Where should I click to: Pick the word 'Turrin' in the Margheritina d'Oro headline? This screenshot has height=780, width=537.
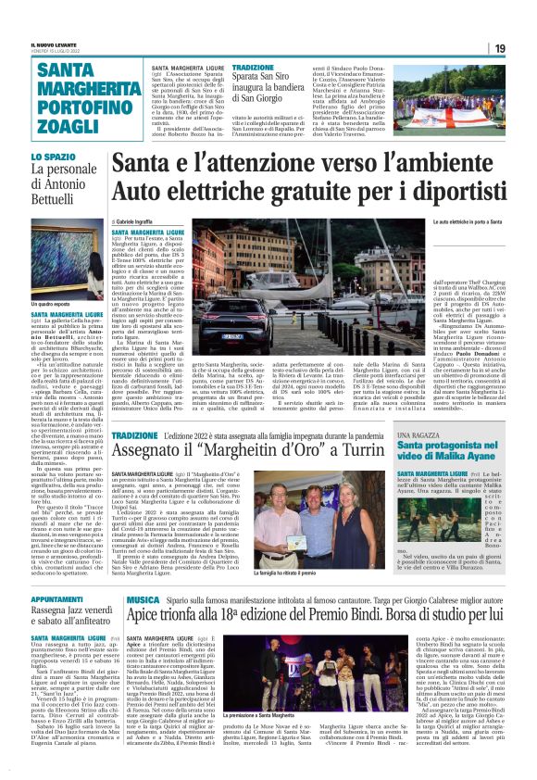click(360, 453)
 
